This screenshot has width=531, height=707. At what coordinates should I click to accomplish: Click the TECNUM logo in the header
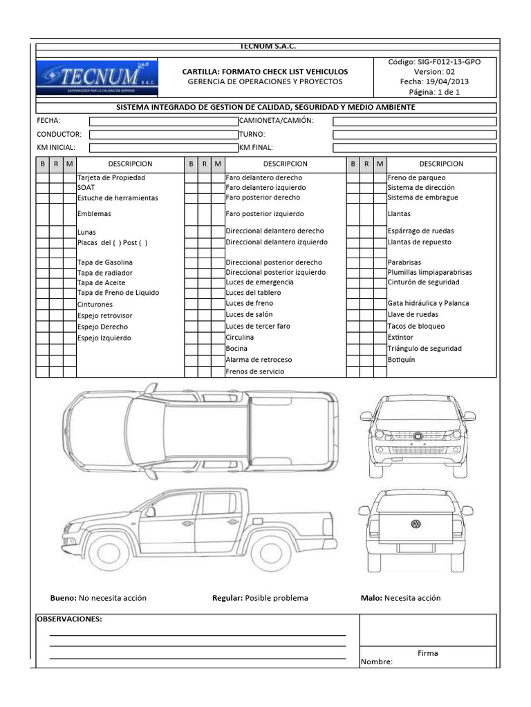tap(97, 77)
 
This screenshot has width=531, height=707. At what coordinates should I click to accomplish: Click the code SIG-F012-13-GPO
tap(436, 62)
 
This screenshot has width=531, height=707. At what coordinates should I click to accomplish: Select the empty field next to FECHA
tap(163, 121)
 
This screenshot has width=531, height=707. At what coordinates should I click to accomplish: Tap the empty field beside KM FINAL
tap(414, 148)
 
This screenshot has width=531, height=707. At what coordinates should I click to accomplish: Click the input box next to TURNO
tap(414, 134)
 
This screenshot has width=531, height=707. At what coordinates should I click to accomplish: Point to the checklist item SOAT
tap(86, 187)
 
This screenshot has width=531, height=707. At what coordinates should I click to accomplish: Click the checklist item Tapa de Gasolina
tap(105, 262)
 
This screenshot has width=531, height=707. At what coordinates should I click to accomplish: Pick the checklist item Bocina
tap(236, 349)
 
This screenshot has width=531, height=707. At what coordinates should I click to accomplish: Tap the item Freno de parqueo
tap(416, 177)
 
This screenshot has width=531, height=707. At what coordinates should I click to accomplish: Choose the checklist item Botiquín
tap(401, 360)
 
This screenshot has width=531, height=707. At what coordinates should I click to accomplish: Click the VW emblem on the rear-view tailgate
tap(416, 524)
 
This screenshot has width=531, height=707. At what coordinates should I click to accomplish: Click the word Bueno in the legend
tap(63, 598)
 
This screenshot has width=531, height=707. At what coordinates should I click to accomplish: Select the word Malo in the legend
tap(371, 598)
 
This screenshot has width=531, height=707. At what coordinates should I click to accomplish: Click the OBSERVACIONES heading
tap(69, 619)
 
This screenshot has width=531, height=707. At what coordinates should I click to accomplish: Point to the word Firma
tap(427, 653)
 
